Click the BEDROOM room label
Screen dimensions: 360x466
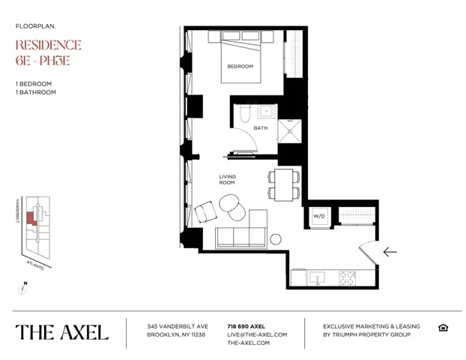pyautogui.click(x=240, y=66)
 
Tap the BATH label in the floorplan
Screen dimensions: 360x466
pyautogui.click(x=260, y=127)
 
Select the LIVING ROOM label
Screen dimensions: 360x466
pyautogui.click(x=227, y=179)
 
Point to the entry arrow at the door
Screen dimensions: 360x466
pyautogui.click(x=390, y=252)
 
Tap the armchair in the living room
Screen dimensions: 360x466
pyautogui.click(x=205, y=214)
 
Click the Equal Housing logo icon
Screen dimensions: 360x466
pyautogui.click(x=444, y=328)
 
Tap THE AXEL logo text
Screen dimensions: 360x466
pyautogui.click(x=62, y=331)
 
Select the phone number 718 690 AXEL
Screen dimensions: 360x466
pyautogui.click(x=247, y=326)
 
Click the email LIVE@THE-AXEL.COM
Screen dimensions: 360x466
pyautogui.click(x=257, y=334)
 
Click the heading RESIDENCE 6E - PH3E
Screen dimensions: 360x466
pyautogui.click(x=48, y=53)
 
